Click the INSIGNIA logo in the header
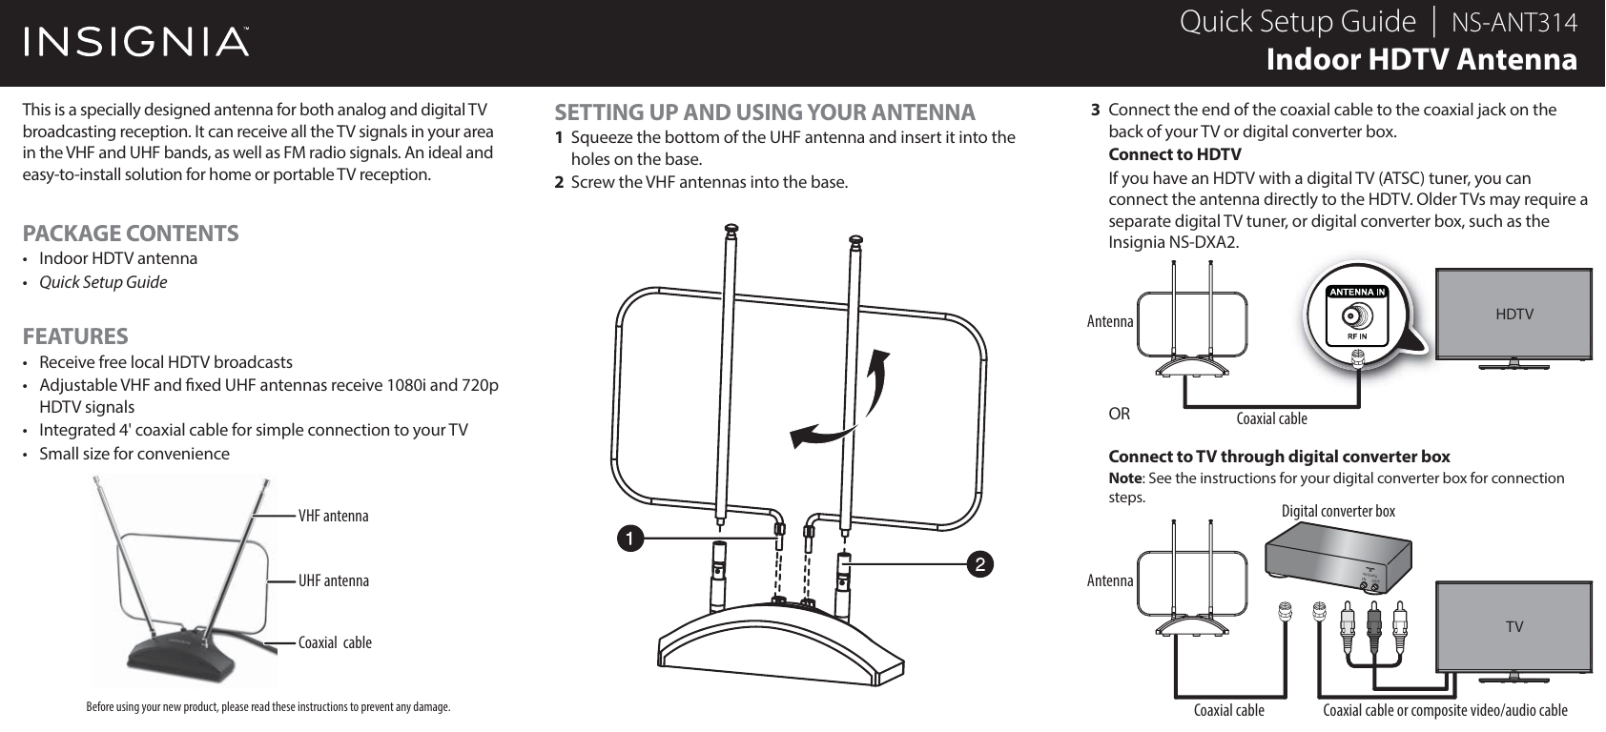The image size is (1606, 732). pyautogui.click(x=136, y=42)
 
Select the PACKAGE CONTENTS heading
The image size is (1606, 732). pyautogui.click(x=131, y=233)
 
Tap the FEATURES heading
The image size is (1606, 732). pyautogui.click(x=75, y=336)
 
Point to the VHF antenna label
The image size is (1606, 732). pyautogui.click(x=333, y=516)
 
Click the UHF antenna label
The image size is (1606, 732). pyautogui.click(x=333, y=579)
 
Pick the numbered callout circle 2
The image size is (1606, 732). pyautogui.click(x=978, y=564)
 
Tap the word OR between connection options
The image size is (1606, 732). pyautogui.click(x=1119, y=415)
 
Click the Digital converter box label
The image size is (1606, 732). pyautogui.click(x=1337, y=512)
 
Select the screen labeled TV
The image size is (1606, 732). pyautogui.click(x=1513, y=625)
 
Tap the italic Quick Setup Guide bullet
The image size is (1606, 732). pyautogui.click(x=103, y=282)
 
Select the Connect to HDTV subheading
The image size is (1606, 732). pyautogui.click(x=1174, y=154)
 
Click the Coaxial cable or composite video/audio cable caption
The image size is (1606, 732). pyautogui.click(x=1445, y=710)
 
